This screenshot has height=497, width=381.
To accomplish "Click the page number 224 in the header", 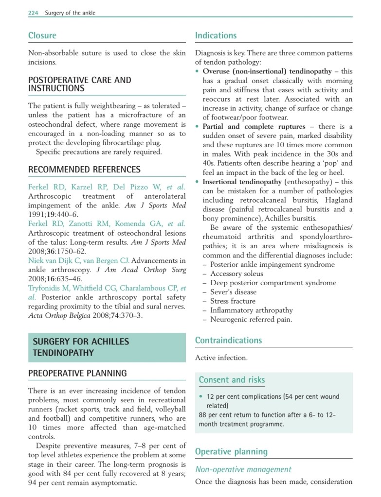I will (x=33, y=13).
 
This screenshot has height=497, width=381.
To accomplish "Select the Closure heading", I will (x=42, y=35).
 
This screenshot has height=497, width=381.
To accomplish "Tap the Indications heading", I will (x=216, y=35).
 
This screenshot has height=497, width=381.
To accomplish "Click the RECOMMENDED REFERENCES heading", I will (x=84, y=170).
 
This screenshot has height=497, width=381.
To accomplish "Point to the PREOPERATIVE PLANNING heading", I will (x=77, y=373).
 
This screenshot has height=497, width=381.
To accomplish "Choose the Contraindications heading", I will (x=228, y=340).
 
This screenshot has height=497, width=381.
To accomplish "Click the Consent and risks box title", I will (x=232, y=380).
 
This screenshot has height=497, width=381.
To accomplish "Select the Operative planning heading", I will (x=231, y=452).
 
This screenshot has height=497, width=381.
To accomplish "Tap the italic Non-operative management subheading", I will (x=243, y=469).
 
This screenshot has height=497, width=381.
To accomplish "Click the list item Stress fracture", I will (x=233, y=301).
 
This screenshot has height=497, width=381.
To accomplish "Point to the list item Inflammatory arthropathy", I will (x=251, y=310).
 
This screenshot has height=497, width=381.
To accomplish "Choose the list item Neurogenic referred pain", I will (x=251, y=319).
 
